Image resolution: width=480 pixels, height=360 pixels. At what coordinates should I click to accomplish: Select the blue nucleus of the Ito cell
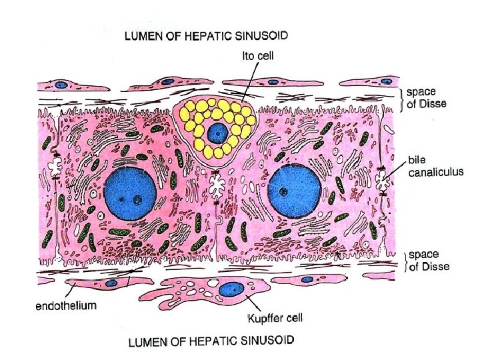coord(216,133)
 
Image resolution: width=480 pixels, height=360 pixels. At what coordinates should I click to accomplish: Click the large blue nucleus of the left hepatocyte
coord(131,191)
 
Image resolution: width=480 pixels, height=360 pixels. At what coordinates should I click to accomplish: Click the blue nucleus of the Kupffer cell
coord(231,290)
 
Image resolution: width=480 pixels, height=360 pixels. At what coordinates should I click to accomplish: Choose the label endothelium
coord(66,306)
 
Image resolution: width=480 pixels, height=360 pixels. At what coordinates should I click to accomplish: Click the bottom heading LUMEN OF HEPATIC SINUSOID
coord(210,343)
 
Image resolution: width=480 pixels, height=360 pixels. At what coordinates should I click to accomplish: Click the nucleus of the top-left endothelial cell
coord(61,85)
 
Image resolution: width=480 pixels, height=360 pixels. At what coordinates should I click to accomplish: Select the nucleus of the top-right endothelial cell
coord(385,79)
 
